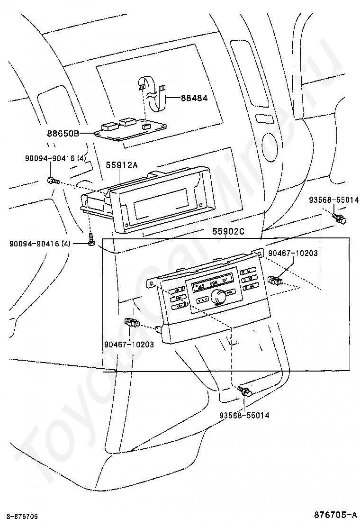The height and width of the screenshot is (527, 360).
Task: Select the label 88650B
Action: pos(63,134)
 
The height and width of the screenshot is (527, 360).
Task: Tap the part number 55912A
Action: pos(122,165)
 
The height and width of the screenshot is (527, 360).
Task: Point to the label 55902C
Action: pos(228,232)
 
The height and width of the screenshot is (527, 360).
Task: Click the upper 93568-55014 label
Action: pos(334,200)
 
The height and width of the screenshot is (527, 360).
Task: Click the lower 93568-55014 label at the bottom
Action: pos(244,416)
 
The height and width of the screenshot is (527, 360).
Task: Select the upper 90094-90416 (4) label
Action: pos(55,158)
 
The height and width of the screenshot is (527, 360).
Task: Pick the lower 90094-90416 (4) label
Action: pos(40,243)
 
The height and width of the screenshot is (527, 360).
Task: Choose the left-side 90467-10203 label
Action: pos(129,344)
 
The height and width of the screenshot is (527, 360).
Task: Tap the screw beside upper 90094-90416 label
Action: pos(53,181)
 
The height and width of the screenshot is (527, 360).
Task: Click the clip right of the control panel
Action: pos(275,279)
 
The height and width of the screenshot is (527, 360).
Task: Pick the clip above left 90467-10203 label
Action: pos(132,322)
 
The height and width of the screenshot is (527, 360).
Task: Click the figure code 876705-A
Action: pos(335,515)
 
